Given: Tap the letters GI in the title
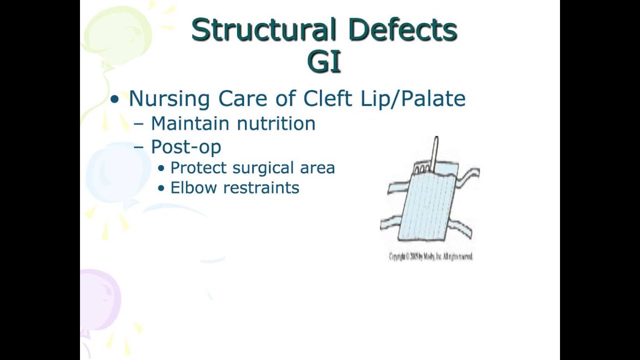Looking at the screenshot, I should click(324, 62).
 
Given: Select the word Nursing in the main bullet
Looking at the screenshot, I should click(169, 99).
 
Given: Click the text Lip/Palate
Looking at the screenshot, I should click(412, 99).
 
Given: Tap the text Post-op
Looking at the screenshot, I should click(185, 147).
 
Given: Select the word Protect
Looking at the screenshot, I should click(199, 168).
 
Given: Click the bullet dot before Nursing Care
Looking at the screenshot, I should click(115, 99).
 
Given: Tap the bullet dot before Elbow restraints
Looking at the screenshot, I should click(161, 188).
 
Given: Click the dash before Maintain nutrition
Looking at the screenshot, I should click(139, 124).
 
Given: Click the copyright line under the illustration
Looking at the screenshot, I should click(430, 256).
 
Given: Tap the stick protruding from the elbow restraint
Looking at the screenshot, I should click(435, 152).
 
